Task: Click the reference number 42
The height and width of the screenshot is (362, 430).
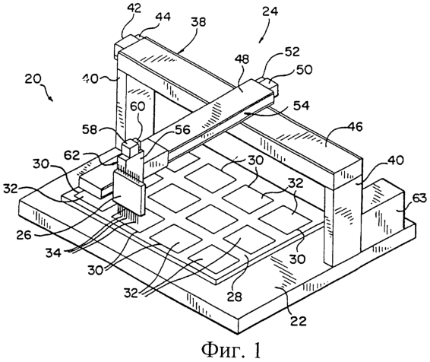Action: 134,8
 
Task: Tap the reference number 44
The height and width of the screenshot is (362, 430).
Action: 163,17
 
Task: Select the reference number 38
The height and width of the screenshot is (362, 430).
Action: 198,22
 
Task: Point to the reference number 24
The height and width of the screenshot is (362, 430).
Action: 270,11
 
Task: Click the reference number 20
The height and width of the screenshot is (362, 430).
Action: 33,79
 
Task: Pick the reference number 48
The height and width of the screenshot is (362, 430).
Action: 242,59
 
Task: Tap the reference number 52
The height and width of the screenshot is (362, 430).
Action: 292,52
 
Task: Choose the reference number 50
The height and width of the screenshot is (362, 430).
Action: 305,70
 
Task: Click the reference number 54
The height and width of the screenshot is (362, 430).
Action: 301,106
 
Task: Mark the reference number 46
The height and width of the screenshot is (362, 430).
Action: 355,127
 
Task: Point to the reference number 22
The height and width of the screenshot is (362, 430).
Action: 298,320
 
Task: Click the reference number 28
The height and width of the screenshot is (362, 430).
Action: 235,297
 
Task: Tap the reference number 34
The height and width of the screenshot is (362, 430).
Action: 53,252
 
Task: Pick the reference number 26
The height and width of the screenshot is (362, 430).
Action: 24,235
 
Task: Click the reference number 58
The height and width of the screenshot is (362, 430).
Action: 90,130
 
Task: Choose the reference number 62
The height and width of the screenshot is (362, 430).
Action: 72,155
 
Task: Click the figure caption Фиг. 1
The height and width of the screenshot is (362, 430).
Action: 231,350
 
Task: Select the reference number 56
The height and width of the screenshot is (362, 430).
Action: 182,130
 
